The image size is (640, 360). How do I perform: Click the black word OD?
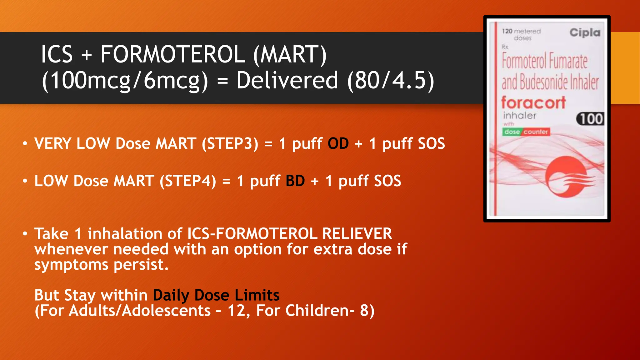click(338, 144)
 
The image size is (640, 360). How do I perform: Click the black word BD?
click(295, 181)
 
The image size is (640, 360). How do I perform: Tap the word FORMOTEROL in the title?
click(172, 54)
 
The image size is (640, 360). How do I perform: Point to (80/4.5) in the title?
click(391, 81)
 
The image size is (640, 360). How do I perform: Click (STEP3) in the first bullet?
click(230, 144)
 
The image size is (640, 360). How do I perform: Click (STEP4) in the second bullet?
click(188, 181)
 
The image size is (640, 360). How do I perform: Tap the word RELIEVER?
click(357, 234)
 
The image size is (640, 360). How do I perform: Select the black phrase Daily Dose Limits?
click(216, 295)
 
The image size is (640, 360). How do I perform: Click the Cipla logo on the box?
click(585, 32)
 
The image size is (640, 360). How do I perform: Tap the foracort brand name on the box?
click(533, 103)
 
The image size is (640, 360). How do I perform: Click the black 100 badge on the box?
click(590, 119)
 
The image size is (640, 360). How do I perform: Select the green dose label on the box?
click(512, 132)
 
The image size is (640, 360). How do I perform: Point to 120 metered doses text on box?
click(521, 34)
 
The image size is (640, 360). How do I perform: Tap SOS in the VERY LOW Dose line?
click(431, 144)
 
